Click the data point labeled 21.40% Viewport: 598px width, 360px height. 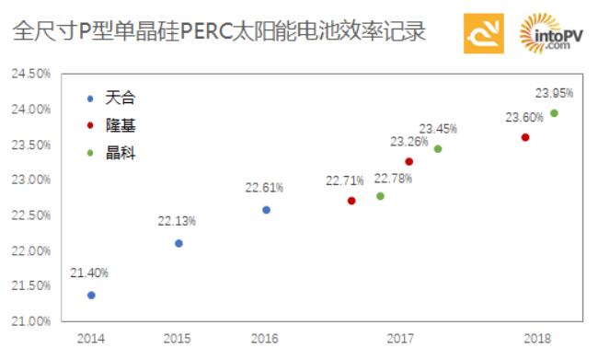click(91, 295)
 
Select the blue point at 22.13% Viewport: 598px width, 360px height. click(178, 243)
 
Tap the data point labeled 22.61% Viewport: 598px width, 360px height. click(267, 210)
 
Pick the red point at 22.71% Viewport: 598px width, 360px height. click(351, 201)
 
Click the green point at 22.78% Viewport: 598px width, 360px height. click(380, 196)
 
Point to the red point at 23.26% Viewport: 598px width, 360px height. click(409, 162)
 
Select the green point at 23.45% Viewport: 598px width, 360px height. click(438, 149)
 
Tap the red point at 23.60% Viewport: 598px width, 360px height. click(525, 137)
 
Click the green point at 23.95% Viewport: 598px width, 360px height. click(554, 113)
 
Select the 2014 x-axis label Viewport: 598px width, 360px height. click(91, 338)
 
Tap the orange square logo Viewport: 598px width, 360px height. click(483, 34)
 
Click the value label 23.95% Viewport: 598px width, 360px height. click(554, 93)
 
